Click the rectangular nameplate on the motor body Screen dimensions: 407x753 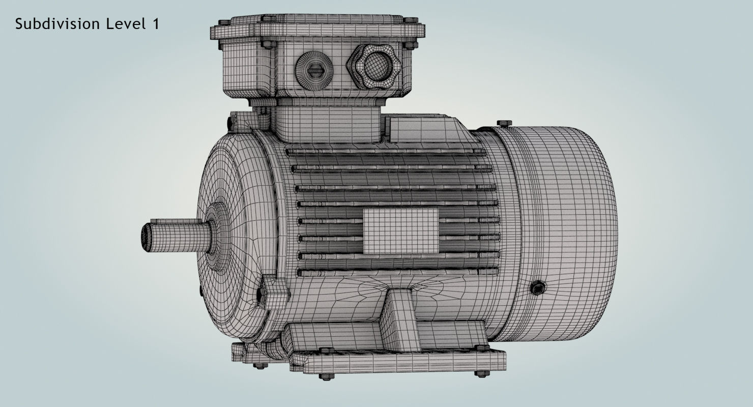click(x=400, y=231)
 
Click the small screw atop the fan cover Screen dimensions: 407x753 click(x=503, y=123)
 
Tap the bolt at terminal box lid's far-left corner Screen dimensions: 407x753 click(x=223, y=23)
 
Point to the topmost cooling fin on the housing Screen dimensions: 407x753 click(x=387, y=152)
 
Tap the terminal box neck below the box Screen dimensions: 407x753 click(x=326, y=123)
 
